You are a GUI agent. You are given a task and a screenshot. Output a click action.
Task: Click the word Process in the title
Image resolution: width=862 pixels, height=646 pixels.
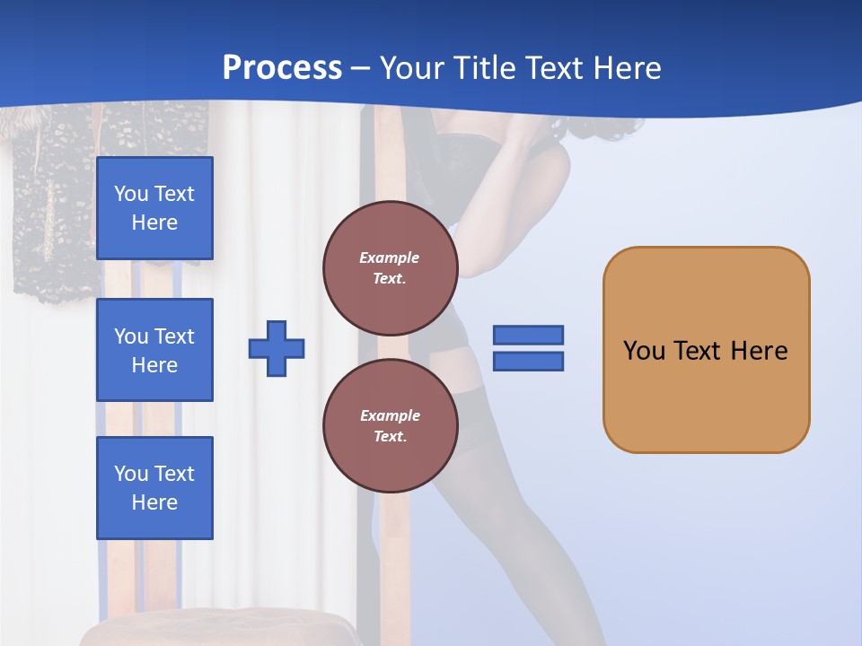click(282, 68)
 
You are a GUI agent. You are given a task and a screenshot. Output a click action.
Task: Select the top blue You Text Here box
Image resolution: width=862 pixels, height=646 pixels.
click(154, 208)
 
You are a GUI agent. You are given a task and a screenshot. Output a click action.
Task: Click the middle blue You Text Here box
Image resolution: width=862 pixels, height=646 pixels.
click(154, 350)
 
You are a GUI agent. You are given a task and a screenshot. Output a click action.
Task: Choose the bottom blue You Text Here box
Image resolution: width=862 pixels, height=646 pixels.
click(154, 488)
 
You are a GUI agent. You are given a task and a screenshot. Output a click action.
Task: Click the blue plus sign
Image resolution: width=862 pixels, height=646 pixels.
click(277, 348)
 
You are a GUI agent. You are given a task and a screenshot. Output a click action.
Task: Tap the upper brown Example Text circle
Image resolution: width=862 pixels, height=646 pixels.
click(390, 268)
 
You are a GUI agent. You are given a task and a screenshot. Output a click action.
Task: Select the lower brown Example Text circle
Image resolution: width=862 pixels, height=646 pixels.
click(390, 426)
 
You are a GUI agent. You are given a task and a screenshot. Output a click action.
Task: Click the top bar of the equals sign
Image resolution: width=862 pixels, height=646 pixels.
click(528, 336)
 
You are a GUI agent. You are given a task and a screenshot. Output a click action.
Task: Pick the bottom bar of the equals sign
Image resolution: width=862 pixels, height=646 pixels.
click(528, 361)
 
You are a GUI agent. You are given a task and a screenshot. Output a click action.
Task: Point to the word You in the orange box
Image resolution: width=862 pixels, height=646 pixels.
click(644, 351)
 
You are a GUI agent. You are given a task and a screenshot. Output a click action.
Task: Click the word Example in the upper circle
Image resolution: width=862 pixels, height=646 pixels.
click(390, 258)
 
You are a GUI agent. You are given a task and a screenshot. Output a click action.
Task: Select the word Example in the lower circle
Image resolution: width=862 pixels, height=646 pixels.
click(390, 415)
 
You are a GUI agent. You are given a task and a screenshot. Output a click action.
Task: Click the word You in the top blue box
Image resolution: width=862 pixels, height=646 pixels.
click(130, 194)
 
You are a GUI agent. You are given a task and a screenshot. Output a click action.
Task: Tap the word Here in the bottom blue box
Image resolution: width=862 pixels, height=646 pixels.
click(154, 502)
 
